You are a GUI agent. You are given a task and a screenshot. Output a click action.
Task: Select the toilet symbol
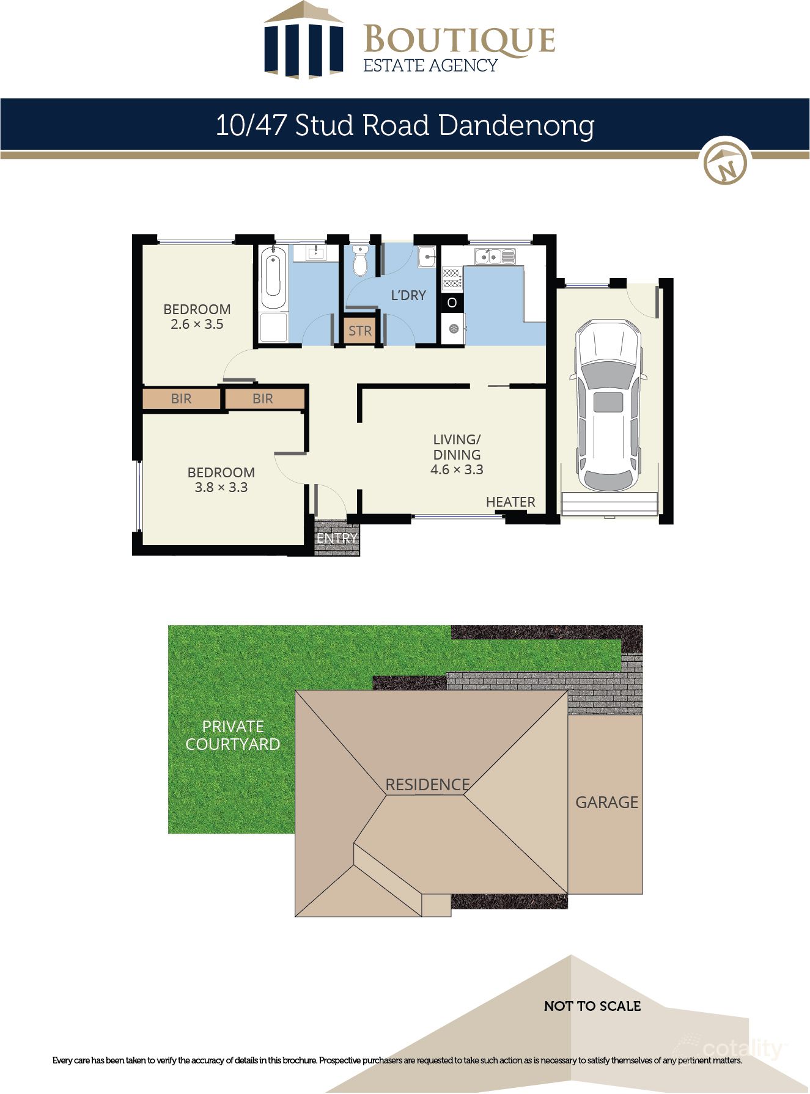(360, 261)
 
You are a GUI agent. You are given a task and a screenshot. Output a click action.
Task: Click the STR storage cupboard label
(359, 331)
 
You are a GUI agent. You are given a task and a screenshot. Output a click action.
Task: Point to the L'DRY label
(408, 295)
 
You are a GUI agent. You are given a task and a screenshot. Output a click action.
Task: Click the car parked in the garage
(608, 405)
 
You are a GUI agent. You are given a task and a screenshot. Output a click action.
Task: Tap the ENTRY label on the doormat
(337, 538)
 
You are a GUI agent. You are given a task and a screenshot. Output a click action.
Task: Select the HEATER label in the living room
(510, 502)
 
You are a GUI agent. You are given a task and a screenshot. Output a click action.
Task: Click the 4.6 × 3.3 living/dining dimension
(457, 469)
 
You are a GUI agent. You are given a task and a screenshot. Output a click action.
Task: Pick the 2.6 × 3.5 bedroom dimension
(197, 325)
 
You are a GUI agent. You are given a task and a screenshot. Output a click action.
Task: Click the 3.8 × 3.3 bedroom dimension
(221, 488)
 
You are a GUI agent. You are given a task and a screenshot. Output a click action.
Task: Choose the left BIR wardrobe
(181, 398)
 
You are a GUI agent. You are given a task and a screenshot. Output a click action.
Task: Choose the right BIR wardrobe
(263, 398)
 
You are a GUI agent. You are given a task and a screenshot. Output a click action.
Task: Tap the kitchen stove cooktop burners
(452, 278)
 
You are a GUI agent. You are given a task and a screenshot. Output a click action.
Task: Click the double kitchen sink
(495, 257)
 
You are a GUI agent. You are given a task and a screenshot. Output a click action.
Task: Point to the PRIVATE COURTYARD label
(233, 735)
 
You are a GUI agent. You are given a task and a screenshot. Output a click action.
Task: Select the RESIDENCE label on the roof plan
(427, 784)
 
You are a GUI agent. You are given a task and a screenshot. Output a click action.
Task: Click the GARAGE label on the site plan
(606, 802)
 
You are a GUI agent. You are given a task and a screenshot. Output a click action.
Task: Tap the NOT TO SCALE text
(592, 1006)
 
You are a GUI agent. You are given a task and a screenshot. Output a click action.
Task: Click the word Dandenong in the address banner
(516, 125)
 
